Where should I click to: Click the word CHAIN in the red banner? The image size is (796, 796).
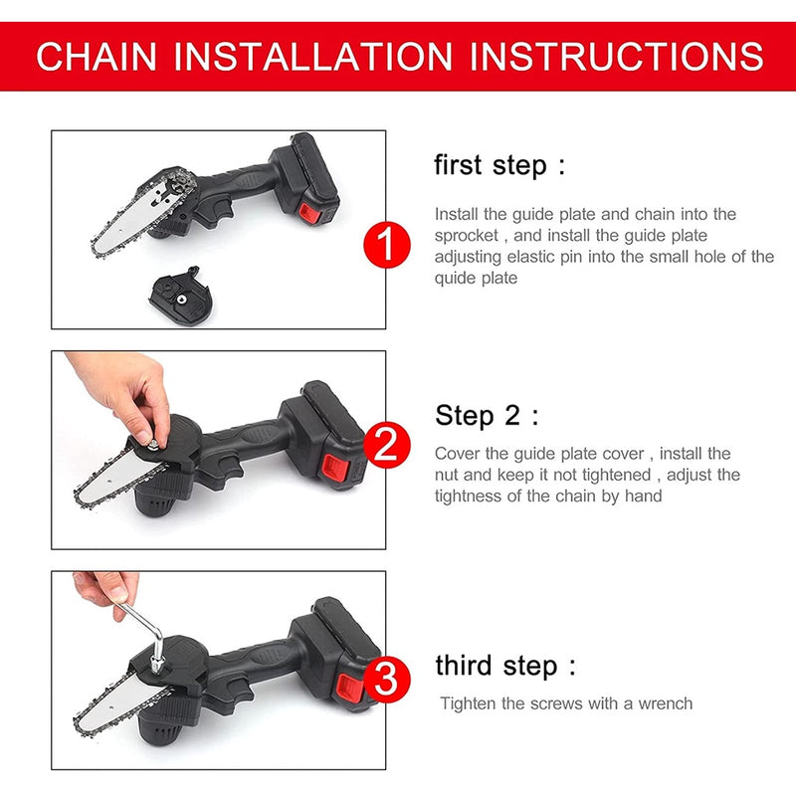[97, 57]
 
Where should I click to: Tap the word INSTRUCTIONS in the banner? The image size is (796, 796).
[616, 57]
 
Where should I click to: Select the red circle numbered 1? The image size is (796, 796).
[387, 245]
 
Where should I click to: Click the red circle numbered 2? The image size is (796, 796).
[387, 444]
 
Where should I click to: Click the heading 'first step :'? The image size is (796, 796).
[499, 165]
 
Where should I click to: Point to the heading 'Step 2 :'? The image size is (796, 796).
[487, 415]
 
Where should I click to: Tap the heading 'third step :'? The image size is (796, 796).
[505, 666]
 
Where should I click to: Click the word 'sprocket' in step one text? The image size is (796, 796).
[466, 236]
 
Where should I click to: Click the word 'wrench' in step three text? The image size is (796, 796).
[665, 703]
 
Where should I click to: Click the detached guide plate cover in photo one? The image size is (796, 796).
[180, 297]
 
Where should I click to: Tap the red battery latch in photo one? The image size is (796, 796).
[309, 213]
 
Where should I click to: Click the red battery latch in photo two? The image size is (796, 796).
[334, 468]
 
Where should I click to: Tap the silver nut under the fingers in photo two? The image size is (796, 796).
[152, 445]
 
